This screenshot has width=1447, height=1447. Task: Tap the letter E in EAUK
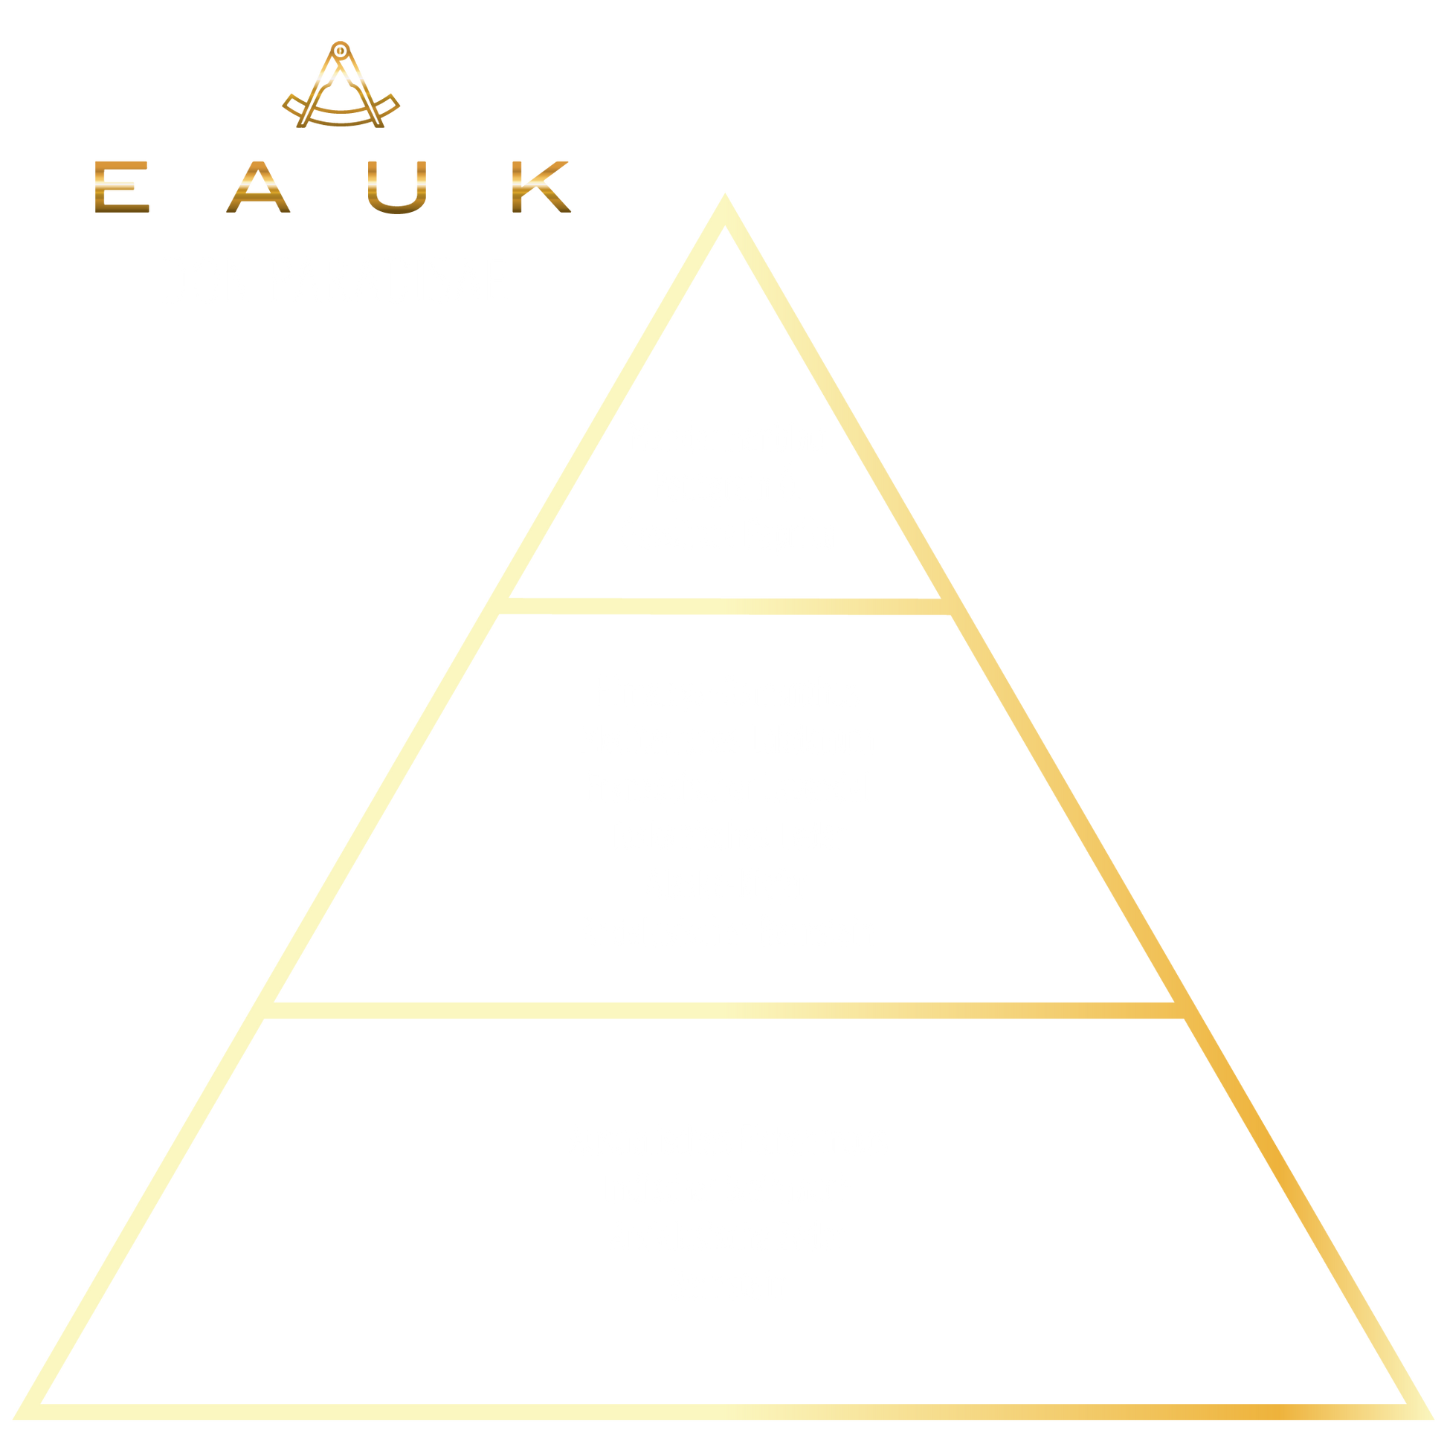(122, 187)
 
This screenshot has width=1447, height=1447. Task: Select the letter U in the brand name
(398, 187)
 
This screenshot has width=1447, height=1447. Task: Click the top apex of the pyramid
(724, 201)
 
